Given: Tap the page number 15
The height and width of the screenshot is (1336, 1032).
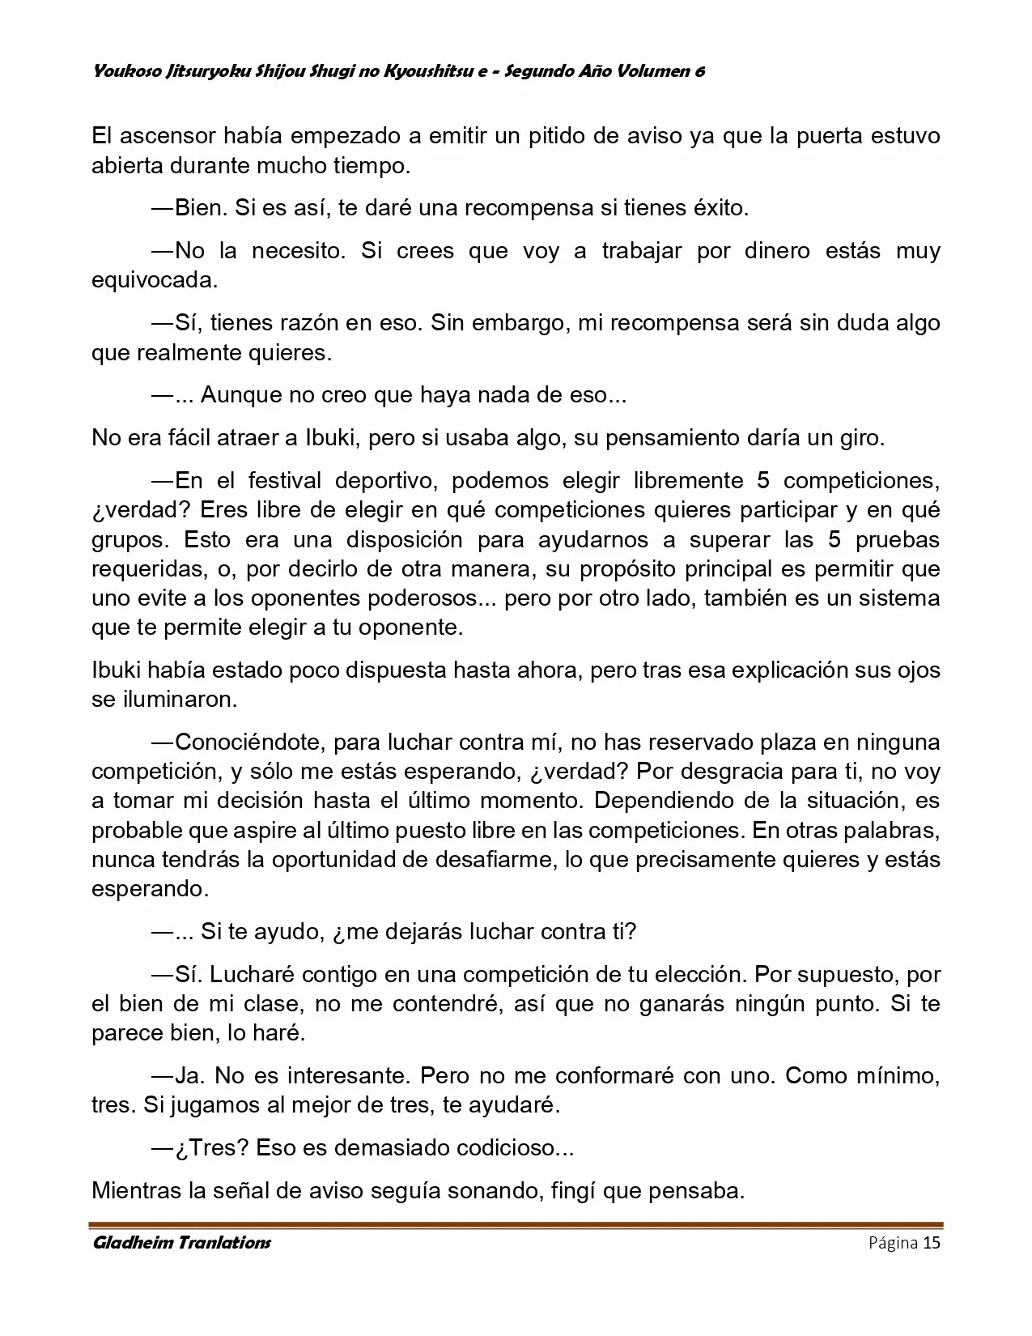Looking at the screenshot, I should pos(932,1243).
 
